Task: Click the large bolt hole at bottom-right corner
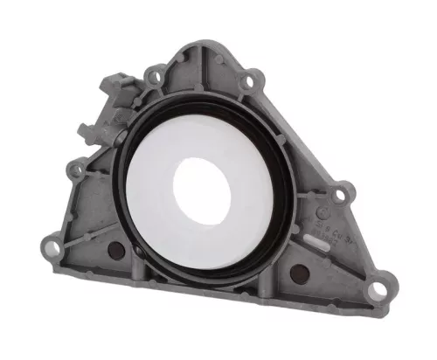379,287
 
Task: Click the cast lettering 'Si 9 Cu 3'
323,229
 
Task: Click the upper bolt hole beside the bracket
155,79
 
